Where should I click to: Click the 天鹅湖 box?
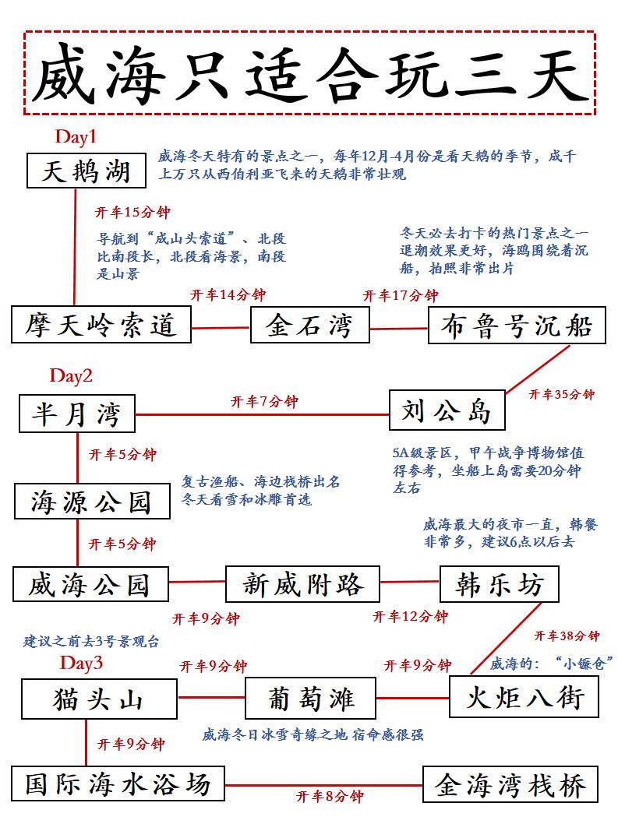pyautogui.click(x=86, y=171)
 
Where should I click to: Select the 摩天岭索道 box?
pyautogui.click(x=101, y=325)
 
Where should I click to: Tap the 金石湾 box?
pyautogui.click(x=309, y=325)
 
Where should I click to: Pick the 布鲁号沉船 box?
pyautogui.click(x=517, y=325)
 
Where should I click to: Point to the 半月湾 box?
pyautogui.click(x=77, y=413)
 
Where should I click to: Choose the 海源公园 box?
pyautogui.click(x=92, y=501)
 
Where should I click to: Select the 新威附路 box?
pyautogui.click(x=302, y=583)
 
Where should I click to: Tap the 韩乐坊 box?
pyautogui.click(x=499, y=583)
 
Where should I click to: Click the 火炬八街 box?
pyautogui.click(x=524, y=695)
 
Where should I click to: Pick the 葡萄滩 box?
pyautogui.click(x=310, y=697)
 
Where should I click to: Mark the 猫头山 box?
pyautogui.click(x=98, y=698)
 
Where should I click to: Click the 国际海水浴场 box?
pyautogui.click(x=118, y=784)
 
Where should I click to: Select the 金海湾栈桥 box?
pyautogui.click(x=510, y=784)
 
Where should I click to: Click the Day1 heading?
pyautogui.click(x=76, y=137)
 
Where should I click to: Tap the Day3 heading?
pyautogui.click(x=81, y=664)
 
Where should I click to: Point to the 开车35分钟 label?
pyautogui.click(x=561, y=395)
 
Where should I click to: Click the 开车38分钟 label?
pyautogui.click(x=567, y=636)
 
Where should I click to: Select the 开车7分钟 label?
pyautogui.click(x=264, y=402)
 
